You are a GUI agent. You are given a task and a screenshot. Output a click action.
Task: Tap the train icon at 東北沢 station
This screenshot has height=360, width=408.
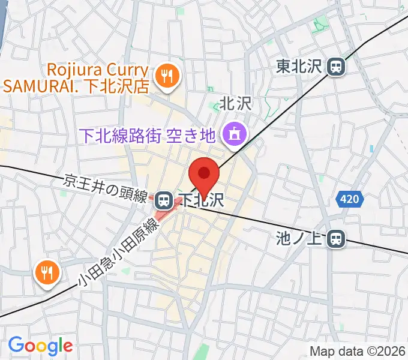click(337, 67)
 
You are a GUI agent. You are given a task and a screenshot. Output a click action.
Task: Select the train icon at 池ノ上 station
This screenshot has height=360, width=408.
click(337, 239)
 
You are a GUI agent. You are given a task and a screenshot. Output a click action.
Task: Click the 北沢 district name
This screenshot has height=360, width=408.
click(234, 104)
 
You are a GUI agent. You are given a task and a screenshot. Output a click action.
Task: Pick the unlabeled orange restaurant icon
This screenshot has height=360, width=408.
click(46, 273)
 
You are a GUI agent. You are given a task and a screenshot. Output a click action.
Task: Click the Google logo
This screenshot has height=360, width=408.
click(40, 346)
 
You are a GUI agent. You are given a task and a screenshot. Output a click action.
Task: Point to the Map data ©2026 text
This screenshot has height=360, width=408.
click(357, 351)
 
